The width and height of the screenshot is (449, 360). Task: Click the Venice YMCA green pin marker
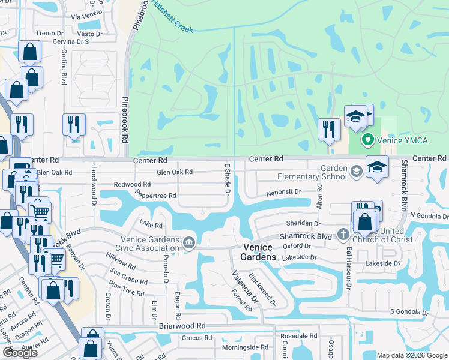coord(368,140)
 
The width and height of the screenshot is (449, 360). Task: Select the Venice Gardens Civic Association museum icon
coord(189,242)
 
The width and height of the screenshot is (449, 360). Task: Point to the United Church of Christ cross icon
coord(343,233)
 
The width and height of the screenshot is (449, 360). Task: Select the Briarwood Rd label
coord(182,326)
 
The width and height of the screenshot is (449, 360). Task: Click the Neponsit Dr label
coord(283,192)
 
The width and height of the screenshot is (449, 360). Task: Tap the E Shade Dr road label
coord(228,179)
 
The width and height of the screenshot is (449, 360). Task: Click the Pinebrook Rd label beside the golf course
coord(125,120)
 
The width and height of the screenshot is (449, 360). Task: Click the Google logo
coord(20,352)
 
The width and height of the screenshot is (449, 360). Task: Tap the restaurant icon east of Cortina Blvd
coord(74,125)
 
